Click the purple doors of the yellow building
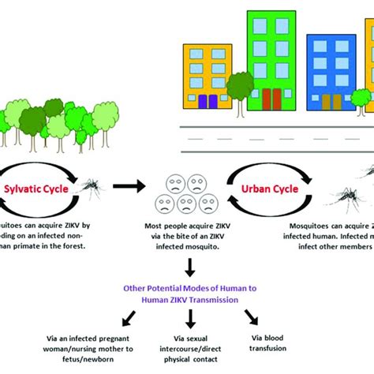(x=207, y=101)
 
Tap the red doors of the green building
(x=271, y=98)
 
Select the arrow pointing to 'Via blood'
(x=249, y=317)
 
